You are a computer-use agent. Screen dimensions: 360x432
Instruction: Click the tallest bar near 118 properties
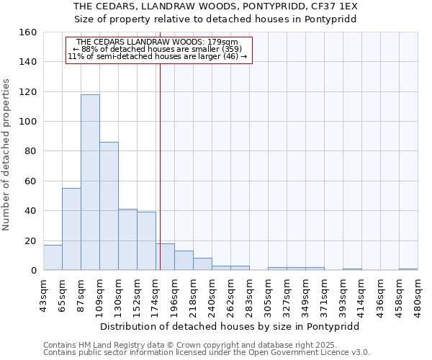pyautogui.click(x=90, y=182)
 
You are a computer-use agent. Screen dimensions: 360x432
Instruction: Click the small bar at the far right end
pyautogui.click(x=408, y=269)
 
